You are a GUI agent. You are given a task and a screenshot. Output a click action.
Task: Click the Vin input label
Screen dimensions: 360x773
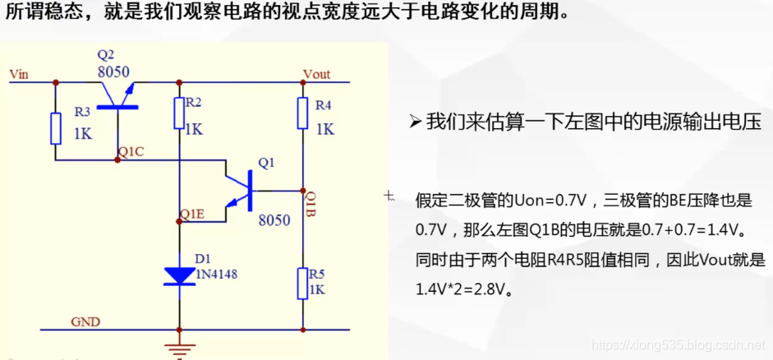coord(19,74)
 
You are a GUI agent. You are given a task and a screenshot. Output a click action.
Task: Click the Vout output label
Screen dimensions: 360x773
coord(316,74)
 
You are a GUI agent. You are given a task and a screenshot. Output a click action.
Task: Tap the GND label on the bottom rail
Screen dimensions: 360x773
coord(85,321)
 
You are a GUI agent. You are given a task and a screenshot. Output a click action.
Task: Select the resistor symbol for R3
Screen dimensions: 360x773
coord(56,129)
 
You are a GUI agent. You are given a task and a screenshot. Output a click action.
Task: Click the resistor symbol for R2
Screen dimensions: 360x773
coord(180,113)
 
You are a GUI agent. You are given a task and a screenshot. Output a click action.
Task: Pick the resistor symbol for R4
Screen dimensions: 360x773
coord(302,113)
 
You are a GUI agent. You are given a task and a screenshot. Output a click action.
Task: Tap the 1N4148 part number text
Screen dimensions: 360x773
coord(216,275)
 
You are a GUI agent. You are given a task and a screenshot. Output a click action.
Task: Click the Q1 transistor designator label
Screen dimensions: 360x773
coord(266,163)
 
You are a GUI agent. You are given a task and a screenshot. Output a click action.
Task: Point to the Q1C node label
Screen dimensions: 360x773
coord(131,152)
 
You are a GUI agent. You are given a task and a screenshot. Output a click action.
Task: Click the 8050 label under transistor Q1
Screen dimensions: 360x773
coord(274,220)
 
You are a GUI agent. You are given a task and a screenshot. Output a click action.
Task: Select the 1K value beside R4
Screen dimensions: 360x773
coord(324,130)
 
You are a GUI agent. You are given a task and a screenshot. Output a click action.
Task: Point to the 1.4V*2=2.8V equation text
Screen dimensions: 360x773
coord(464,289)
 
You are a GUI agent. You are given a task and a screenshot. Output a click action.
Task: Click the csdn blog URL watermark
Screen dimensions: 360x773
coord(678,348)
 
